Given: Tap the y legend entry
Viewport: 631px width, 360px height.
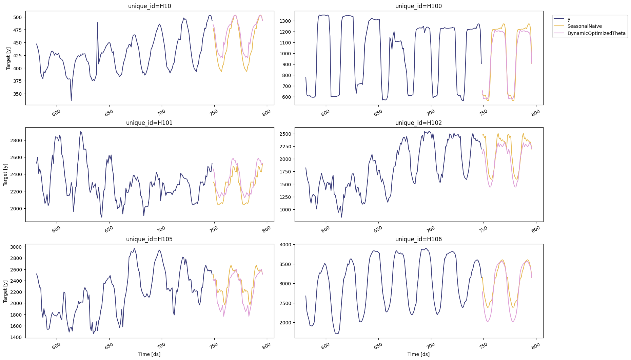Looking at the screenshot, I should tap(569, 19).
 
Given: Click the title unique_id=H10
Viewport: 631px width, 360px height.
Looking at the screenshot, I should tap(149, 6).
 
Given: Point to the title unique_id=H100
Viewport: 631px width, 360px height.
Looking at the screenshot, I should tap(418, 6).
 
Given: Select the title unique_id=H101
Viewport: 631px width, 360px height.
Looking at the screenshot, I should tap(149, 123).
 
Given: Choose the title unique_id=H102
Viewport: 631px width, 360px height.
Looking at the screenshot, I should tap(418, 123).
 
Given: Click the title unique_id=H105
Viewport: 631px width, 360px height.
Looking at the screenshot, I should tap(149, 239).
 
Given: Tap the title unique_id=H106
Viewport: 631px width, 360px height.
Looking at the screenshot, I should tap(418, 239).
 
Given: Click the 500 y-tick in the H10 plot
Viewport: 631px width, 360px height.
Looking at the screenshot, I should tap(17, 17).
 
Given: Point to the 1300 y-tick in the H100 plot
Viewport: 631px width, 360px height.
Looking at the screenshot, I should tap(285, 21).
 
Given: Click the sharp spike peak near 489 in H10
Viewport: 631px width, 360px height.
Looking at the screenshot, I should tap(98, 23).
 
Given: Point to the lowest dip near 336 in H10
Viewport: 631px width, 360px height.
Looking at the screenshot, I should tap(71, 100).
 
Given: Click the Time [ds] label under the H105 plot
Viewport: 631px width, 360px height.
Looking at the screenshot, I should tap(149, 354).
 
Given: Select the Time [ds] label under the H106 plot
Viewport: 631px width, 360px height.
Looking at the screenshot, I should tap(418, 354).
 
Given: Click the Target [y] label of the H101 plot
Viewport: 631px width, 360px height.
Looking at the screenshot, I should tap(5, 174).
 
